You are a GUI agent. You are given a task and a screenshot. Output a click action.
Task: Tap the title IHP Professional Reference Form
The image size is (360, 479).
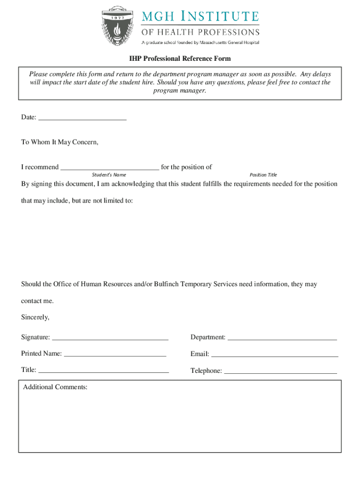click(x=180, y=59)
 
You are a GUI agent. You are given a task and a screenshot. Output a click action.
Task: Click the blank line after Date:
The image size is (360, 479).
click(x=82, y=118)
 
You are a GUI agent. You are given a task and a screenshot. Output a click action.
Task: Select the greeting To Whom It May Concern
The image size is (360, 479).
click(x=60, y=142)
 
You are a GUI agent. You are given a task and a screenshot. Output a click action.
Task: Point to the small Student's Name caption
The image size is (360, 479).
click(x=108, y=175)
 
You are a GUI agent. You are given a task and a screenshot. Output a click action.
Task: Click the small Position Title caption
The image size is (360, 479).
click(x=263, y=175)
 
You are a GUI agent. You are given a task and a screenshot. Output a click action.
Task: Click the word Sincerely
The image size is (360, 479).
click(x=35, y=317)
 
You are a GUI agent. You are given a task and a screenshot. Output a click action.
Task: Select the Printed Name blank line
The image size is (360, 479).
click(x=115, y=354)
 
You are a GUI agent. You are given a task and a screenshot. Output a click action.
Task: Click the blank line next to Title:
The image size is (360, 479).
click(x=103, y=370)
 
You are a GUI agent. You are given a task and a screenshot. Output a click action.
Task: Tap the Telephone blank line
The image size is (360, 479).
click(x=281, y=371)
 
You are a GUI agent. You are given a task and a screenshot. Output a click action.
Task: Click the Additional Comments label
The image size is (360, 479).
click(x=55, y=387)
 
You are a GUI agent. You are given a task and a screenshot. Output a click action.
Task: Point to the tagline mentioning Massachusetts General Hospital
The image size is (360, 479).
click(x=201, y=43)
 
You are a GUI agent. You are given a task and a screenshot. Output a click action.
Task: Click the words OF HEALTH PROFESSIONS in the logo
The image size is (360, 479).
click(x=201, y=32)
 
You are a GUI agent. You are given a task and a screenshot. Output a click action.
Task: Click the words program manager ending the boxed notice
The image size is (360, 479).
click(x=180, y=91)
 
